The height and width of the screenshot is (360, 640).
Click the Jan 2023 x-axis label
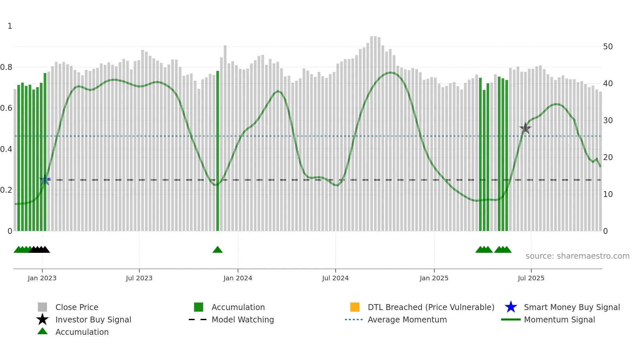(42, 278)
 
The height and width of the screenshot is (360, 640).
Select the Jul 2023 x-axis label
(139, 278)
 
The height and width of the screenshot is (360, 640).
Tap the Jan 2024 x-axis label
(238, 278)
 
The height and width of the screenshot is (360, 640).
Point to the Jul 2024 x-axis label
(335, 278)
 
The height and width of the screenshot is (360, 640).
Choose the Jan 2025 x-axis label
(434, 278)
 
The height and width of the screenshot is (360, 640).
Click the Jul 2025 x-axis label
(531, 278)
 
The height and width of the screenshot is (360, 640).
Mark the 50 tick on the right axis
(608, 47)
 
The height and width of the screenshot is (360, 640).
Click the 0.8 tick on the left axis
(6, 67)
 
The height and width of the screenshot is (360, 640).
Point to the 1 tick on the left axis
(10, 26)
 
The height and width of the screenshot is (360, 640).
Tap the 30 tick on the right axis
(608, 121)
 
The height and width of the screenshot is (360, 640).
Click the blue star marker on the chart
(45, 180)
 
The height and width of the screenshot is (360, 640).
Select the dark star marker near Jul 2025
(525, 128)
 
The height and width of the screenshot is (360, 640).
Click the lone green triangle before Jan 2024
(217, 250)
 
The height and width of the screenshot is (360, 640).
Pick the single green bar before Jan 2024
(217, 150)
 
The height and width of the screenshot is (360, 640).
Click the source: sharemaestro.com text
(577, 256)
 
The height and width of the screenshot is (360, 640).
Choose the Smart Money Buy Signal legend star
(511, 307)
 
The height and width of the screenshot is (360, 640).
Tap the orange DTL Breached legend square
(355, 307)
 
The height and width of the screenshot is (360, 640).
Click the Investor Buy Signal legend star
(42, 319)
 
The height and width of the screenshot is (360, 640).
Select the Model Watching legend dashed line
(198, 319)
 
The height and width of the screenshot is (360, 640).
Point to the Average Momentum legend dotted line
(354, 319)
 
